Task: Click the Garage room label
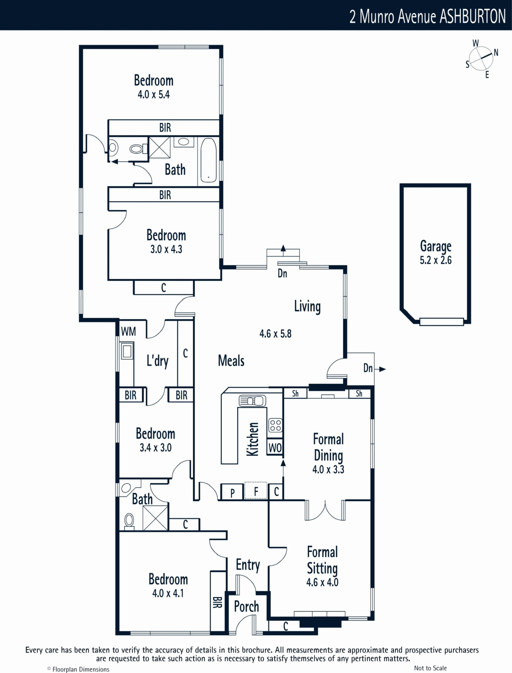(436, 246)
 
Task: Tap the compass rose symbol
(481, 58)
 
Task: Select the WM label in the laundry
(128, 331)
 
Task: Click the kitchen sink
(252, 400)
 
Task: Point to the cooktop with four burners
(275, 425)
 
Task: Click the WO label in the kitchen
(275, 448)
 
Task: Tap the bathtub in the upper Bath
(208, 160)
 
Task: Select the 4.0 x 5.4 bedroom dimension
(154, 95)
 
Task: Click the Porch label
(246, 607)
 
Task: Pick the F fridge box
(256, 491)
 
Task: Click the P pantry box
(232, 492)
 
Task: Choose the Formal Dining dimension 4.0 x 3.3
(328, 469)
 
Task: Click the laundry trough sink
(127, 351)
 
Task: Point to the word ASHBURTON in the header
(473, 16)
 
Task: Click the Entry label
(248, 565)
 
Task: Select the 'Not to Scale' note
(430, 668)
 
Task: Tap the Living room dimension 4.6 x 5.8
(275, 334)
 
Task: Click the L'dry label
(157, 361)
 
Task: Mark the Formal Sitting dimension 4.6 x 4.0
(322, 582)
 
